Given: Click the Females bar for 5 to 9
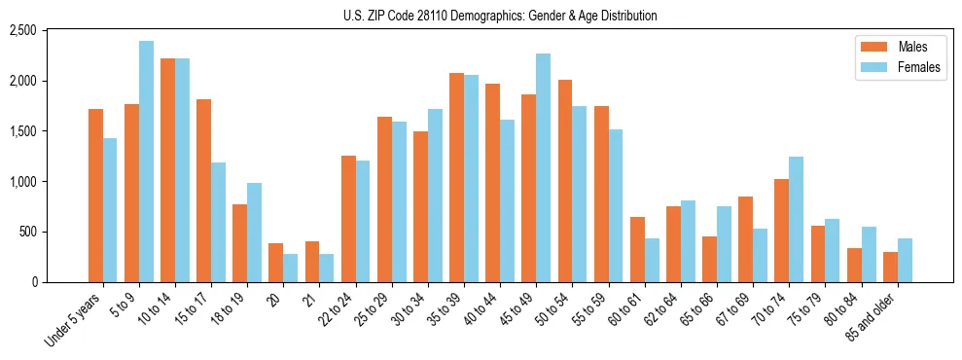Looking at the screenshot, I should pos(146,162).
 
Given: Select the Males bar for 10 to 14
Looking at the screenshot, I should pos(167,170).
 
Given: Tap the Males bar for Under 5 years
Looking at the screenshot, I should pos(95,196).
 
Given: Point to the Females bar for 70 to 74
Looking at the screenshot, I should pos(796,219).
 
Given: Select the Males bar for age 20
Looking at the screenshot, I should pos(276,263).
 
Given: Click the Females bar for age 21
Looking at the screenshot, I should pos(326,268).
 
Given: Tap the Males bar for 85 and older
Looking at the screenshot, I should pos(890,267).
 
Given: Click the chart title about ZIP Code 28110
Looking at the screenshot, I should pos(500,16).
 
